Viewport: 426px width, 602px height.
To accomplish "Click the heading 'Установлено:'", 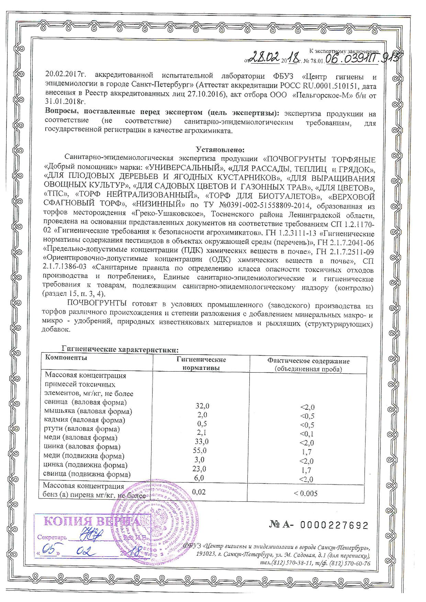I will click(x=220, y=150).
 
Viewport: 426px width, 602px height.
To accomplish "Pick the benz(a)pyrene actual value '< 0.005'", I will click(x=305, y=493).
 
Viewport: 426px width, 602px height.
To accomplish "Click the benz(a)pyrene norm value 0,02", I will click(x=199, y=492).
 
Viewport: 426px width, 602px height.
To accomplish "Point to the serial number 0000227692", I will click(x=334, y=525).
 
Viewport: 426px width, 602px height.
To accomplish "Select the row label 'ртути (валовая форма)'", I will click(x=82, y=429).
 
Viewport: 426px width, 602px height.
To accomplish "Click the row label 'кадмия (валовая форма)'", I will click(x=85, y=420).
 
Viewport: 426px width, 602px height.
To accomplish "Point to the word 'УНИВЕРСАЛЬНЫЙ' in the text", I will click(x=182, y=169).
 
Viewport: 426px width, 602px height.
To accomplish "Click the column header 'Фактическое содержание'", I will click(x=309, y=361).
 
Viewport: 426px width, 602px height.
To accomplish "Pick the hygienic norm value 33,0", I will click(x=201, y=441).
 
